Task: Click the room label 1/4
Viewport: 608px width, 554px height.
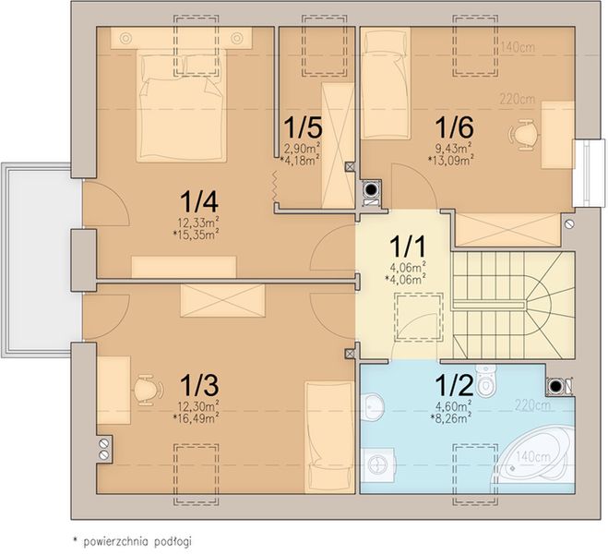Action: pos(199,202)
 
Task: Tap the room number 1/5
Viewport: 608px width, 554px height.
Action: pos(303,128)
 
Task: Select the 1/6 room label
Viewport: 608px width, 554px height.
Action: pos(454,127)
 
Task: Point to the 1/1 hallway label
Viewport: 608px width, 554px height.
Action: pos(407,247)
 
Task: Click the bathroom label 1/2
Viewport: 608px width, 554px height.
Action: pos(454,385)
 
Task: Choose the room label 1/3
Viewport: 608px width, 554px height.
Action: pos(199,385)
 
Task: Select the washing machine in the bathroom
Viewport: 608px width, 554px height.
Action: pos(378,464)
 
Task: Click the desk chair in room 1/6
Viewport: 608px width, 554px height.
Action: pos(523,134)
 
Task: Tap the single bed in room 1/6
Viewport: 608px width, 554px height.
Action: pos(386,83)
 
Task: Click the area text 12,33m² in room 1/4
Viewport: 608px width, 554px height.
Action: pos(198,223)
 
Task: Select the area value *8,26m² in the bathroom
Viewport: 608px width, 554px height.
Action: pos(451,417)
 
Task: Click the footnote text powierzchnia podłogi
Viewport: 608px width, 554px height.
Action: pos(137,541)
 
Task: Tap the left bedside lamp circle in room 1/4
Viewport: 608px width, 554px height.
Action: pos(125,38)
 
